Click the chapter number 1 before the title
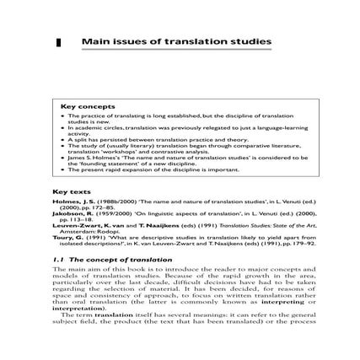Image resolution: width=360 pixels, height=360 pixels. pyautogui.click(x=59, y=40)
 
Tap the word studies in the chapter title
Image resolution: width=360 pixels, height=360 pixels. pyautogui.click(x=253, y=40)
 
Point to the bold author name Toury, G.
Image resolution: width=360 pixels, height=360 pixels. pyautogui.click(x=67, y=239)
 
